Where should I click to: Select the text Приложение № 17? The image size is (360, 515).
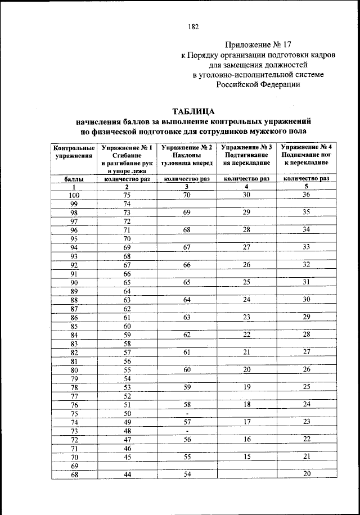coord(258,44)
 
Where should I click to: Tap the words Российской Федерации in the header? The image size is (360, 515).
coord(259,84)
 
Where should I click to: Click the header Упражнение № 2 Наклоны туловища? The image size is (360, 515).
coord(186,155)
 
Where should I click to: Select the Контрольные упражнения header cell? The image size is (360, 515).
coord(74,152)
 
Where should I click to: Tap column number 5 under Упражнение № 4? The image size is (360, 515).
coord(307,187)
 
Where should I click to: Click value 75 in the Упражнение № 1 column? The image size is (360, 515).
coord(127,195)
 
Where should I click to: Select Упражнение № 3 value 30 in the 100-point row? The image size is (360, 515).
coord(246,195)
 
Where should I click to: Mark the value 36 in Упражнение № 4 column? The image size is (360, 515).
coord(307,195)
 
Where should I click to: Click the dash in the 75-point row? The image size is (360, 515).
coord(186,413)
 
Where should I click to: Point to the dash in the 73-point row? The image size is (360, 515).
coord(186,431)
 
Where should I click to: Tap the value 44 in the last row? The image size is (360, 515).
coord(127,475)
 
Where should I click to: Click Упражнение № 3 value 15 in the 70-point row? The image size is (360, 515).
coord(246,457)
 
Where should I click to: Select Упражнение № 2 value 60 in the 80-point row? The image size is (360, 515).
coord(186,369)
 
